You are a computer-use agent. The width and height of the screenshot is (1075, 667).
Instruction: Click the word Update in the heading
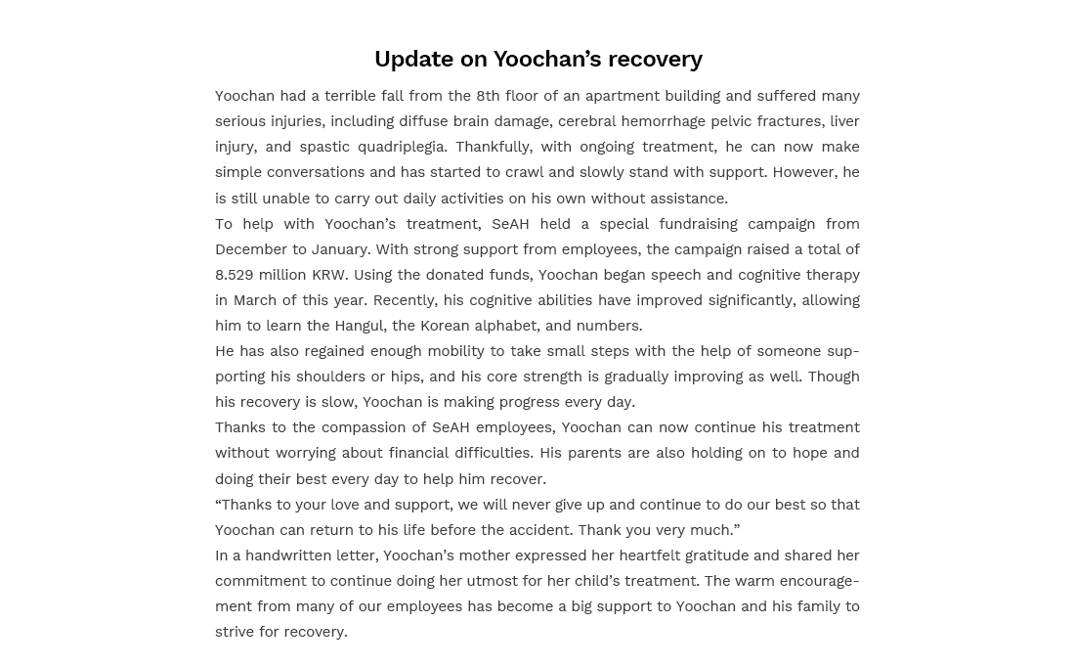coord(413,59)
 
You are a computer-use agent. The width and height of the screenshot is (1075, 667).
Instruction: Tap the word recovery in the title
coord(655,59)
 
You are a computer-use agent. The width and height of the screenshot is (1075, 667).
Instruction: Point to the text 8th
coord(488,96)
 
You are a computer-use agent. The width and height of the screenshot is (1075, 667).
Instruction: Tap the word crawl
coord(524,172)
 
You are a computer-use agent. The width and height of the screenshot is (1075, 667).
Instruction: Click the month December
coord(250,249)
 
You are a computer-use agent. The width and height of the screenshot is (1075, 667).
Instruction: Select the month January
coord(340,249)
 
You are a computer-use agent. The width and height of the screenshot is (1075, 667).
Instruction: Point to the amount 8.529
coord(235,275)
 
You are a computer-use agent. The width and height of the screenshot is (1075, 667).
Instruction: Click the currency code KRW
coord(328,275)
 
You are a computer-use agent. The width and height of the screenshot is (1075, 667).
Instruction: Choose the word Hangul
coord(360,326)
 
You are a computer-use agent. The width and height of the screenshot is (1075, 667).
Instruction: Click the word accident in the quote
coord(537,530)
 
